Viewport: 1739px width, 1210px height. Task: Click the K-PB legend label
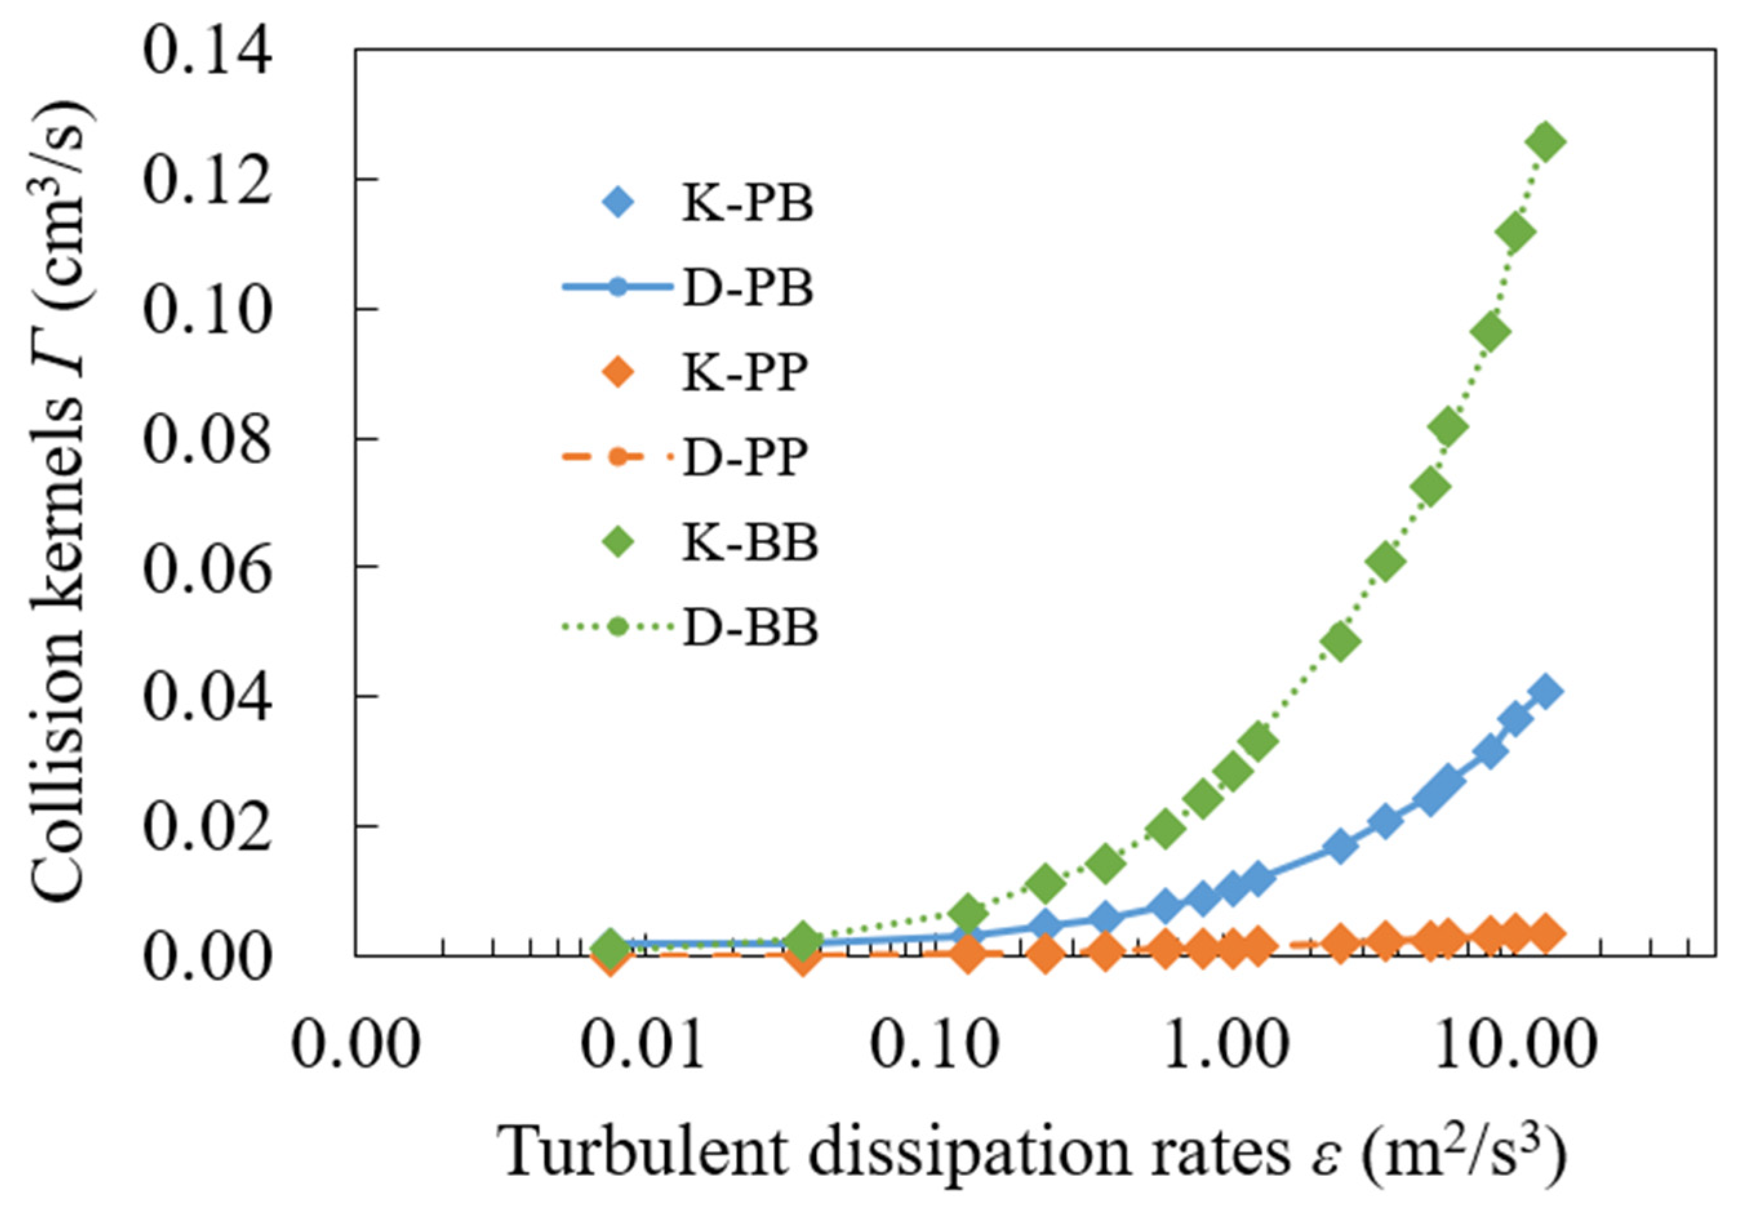pos(748,204)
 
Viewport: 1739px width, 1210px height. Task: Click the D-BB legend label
pos(750,628)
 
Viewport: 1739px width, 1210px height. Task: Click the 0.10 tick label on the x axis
pos(933,1044)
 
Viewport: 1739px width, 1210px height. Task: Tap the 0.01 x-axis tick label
pos(644,1044)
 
